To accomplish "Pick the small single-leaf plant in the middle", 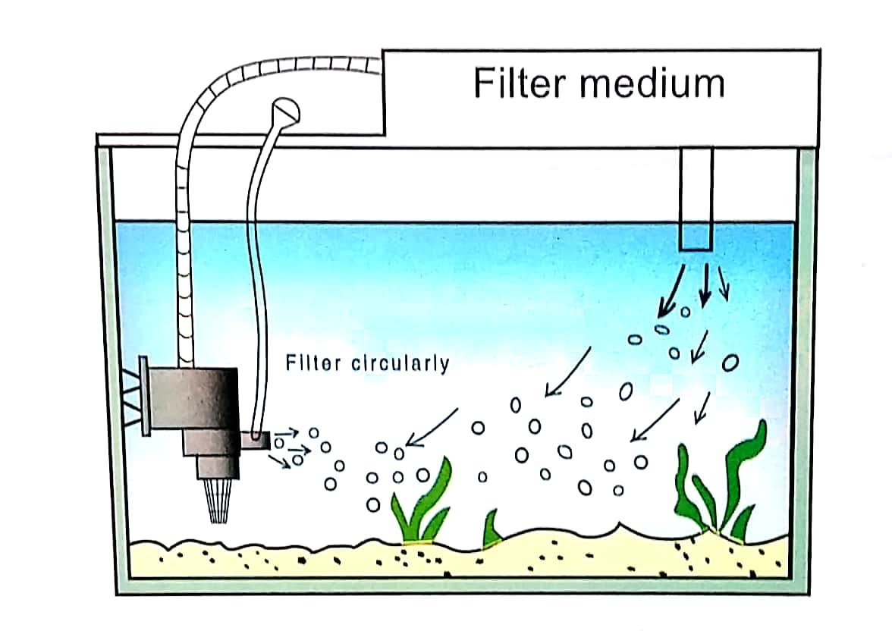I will click(492, 527).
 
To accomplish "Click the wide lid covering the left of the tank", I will click(243, 140).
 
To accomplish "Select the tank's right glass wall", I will click(806, 364).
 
